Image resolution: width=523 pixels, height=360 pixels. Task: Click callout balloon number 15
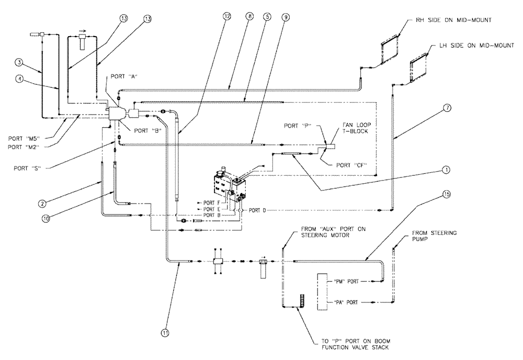446,194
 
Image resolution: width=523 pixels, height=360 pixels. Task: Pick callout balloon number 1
446,170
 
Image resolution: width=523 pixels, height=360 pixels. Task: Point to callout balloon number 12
226,17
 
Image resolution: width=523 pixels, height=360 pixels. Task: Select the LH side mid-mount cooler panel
418,69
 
